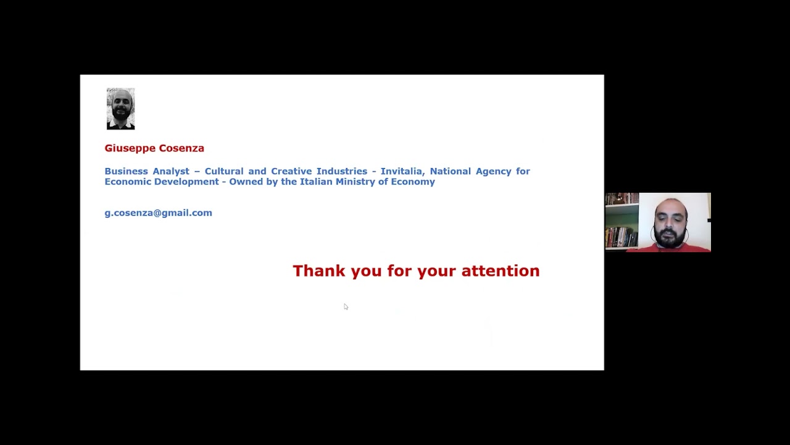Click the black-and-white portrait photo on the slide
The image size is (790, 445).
click(x=120, y=109)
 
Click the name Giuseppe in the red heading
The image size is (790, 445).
click(x=130, y=148)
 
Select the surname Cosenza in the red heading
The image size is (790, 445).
click(x=181, y=148)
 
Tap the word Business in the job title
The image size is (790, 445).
click(x=126, y=171)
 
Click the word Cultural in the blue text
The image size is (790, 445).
click(x=224, y=171)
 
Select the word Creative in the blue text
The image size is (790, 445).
click(x=291, y=171)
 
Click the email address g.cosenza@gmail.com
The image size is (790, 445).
click(x=159, y=213)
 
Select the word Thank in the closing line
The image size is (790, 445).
click(x=319, y=271)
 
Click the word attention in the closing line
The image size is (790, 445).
click(x=501, y=271)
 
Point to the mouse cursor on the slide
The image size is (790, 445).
click(x=346, y=307)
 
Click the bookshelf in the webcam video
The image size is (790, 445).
click(x=622, y=221)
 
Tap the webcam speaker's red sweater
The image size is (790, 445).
click(x=668, y=248)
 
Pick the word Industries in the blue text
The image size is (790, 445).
click(x=342, y=171)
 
